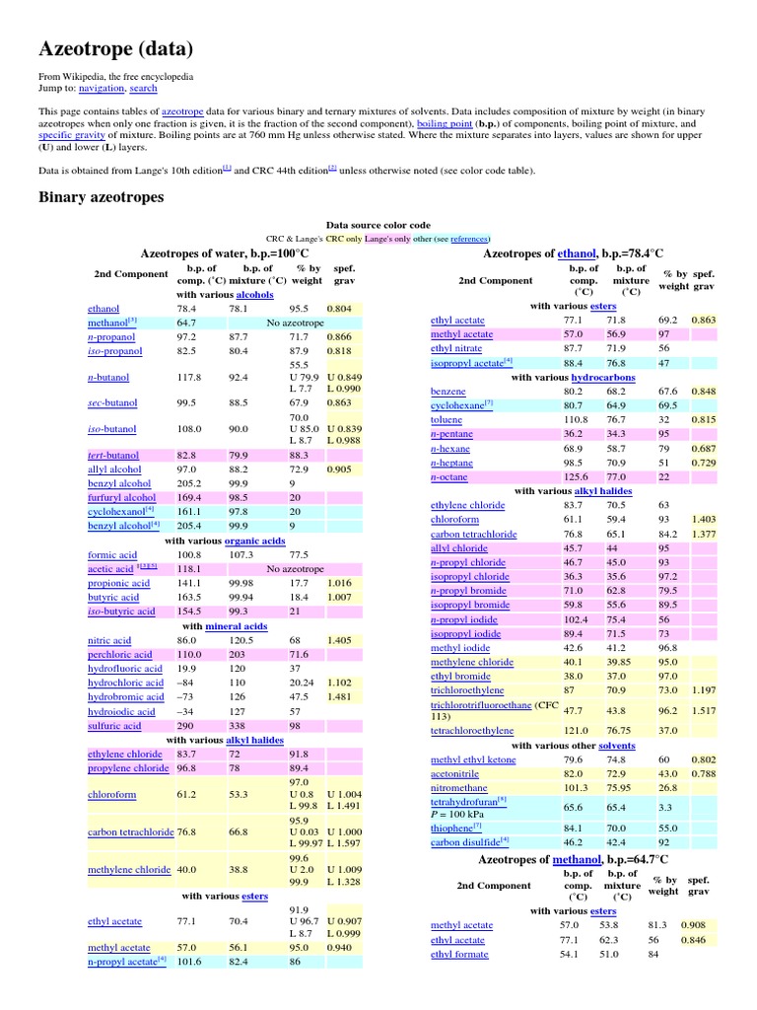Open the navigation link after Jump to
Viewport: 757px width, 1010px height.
(x=102, y=88)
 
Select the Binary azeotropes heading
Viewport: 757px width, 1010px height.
(x=101, y=197)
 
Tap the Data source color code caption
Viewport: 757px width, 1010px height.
(x=378, y=225)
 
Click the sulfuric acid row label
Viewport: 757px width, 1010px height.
(x=114, y=726)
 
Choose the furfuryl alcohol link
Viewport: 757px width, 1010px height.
(x=121, y=498)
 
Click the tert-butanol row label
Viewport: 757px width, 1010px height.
(x=113, y=455)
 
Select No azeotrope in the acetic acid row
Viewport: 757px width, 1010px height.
(x=295, y=569)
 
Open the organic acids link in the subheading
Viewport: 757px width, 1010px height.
(x=254, y=541)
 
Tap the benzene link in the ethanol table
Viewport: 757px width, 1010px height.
(x=448, y=392)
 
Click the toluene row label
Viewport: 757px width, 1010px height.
(x=447, y=419)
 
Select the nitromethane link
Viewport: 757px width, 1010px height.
(x=460, y=788)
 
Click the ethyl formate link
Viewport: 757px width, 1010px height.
(x=460, y=955)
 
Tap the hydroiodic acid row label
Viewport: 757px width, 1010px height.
(x=121, y=711)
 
